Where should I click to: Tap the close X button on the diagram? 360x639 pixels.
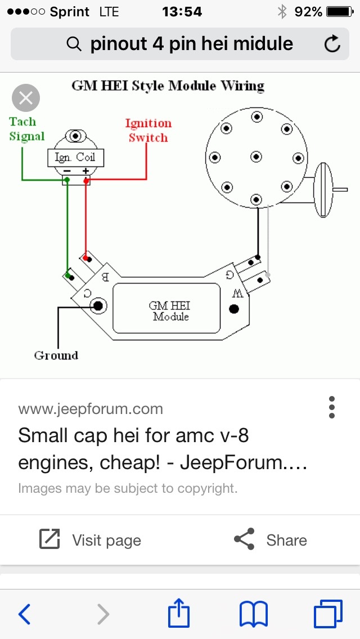[x=26, y=98]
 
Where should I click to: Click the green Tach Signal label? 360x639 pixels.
[x=26, y=129]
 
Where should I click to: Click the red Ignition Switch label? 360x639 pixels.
[x=148, y=130]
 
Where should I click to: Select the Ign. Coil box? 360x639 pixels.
[x=75, y=158]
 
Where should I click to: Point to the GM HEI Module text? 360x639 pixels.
[x=169, y=311]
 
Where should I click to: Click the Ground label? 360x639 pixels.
[x=56, y=355]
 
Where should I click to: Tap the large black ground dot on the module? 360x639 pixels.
[x=98, y=305]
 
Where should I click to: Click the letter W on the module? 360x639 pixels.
[x=238, y=293]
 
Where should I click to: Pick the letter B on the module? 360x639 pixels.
[x=104, y=276]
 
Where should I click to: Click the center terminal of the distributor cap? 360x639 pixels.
[x=256, y=157]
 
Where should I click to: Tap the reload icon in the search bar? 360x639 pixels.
[x=332, y=44]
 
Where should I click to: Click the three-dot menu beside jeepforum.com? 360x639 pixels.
[x=332, y=407]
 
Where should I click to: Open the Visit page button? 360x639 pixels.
[x=90, y=540]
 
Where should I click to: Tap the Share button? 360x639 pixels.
[x=271, y=540]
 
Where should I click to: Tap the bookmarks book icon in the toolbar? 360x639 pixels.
[x=254, y=614]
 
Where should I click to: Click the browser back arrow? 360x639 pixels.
[x=24, y=614]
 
